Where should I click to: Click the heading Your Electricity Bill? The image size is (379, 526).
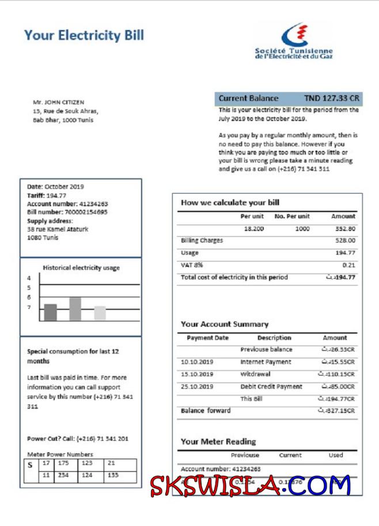pos(84,35)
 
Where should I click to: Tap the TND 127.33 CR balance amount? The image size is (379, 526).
pos(331,99)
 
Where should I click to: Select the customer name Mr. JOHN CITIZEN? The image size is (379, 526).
pos(59,103)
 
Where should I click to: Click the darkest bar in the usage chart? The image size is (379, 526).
pos(51,312)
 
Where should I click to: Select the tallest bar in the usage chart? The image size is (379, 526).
pos(75,309)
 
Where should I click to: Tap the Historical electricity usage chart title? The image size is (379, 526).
pos(81,267)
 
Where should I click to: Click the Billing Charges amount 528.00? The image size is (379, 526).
pos(345,240)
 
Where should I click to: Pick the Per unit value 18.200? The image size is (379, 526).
pos(254,229)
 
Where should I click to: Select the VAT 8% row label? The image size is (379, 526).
pos(192,265)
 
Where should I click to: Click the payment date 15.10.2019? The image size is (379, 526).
pos(197,374)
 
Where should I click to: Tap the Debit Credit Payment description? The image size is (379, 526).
pos(271,387)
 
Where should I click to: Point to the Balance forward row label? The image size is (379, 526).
pos(206,411)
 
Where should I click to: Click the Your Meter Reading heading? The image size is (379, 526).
pos(218,441)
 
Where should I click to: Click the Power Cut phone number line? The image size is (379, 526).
pos(77,439)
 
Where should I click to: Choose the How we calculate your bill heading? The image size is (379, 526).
pos(230,202)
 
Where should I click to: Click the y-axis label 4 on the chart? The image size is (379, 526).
pos(29,278)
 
